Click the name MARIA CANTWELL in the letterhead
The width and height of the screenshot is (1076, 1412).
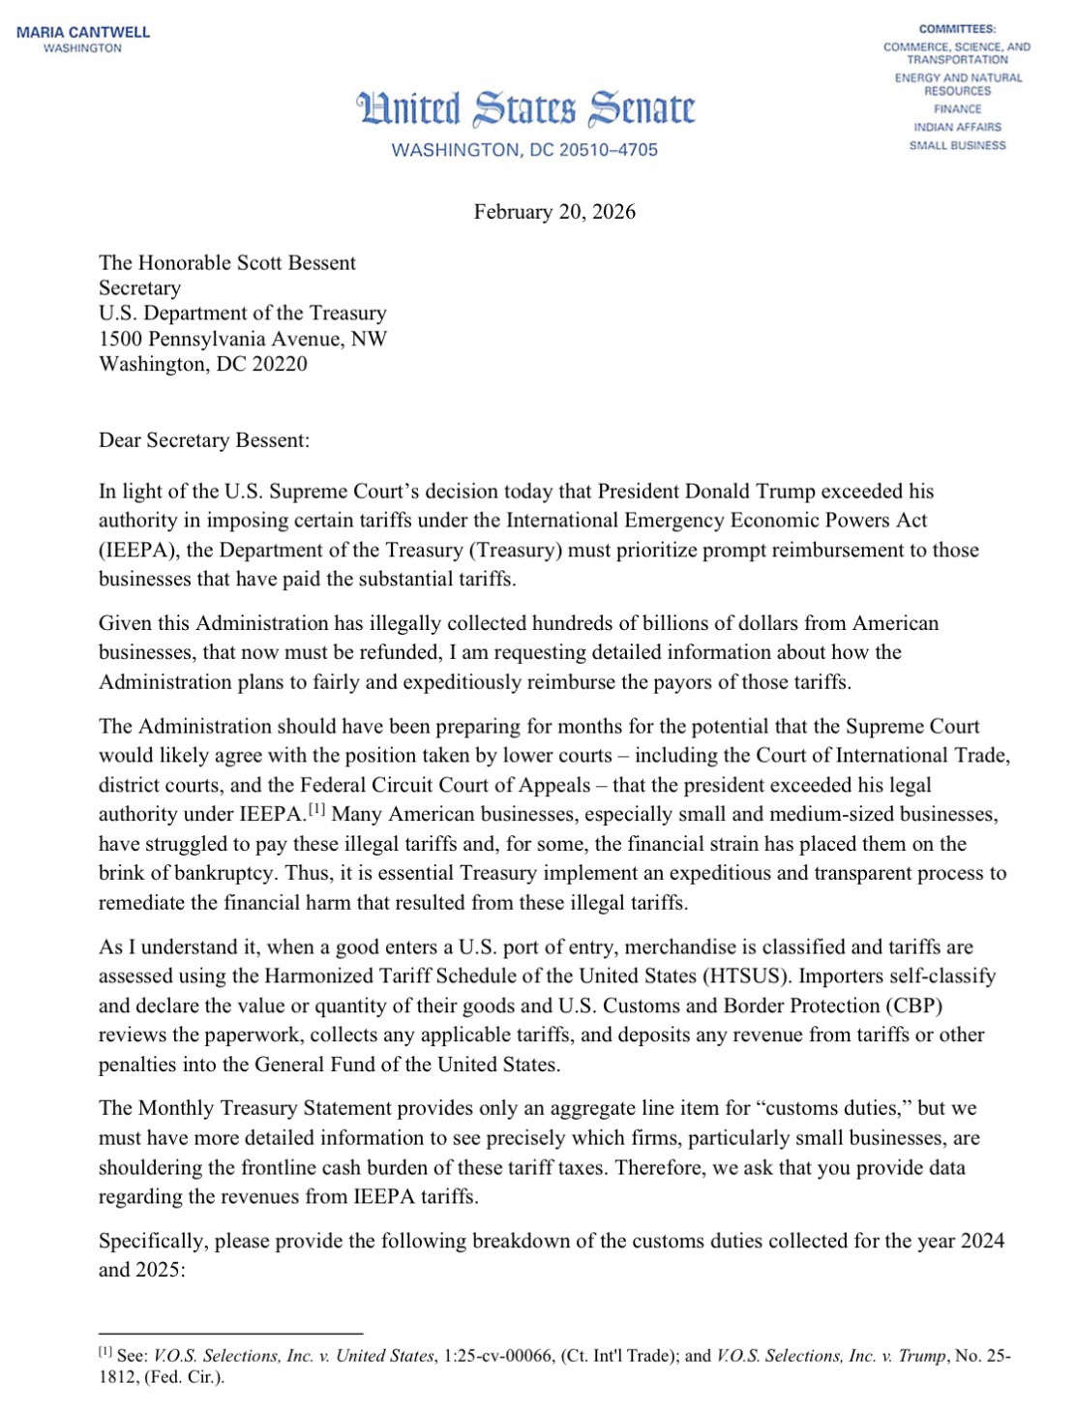click(83, 32)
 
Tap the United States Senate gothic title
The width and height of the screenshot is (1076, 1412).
click(525, 109)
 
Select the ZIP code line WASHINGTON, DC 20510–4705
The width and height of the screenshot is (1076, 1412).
click(523, 150)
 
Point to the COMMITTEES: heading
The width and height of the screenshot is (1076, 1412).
click(957, 29)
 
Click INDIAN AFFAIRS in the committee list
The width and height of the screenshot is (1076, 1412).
click(957, 127)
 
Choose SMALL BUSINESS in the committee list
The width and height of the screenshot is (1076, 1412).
click(957, 145)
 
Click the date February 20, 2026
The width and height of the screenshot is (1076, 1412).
click(554, 212)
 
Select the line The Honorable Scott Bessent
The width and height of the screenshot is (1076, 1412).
click(227, 262)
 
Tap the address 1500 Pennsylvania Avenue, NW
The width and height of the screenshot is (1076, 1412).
click(243, 338)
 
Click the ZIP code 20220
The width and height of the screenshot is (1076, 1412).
click(279, 363)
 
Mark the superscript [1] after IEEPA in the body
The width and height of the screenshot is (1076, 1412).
click(316, 809)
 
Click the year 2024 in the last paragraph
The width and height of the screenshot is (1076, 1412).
click(979, 1240)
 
